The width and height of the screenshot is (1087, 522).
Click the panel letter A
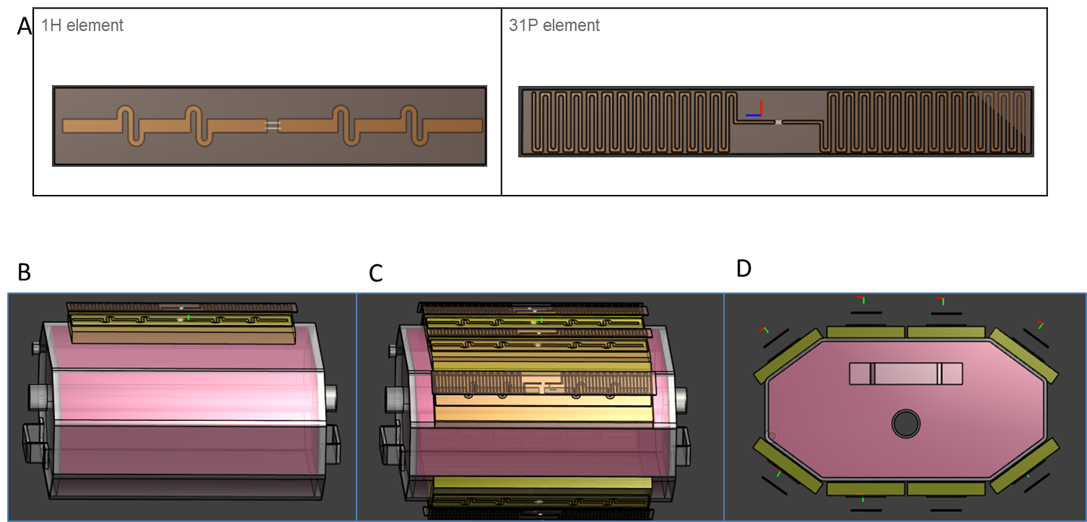pos(25,26)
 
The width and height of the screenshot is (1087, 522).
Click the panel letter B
pos(25,272)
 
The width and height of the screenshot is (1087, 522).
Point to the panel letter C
pos(375,274)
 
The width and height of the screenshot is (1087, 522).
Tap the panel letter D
pos(743,269)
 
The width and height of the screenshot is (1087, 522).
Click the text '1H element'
pos(82,25)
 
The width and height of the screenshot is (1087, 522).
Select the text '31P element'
pos(554,25)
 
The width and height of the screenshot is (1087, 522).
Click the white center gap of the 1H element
pos(272,126)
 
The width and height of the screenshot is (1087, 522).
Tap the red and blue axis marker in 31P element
pos(754,109)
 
